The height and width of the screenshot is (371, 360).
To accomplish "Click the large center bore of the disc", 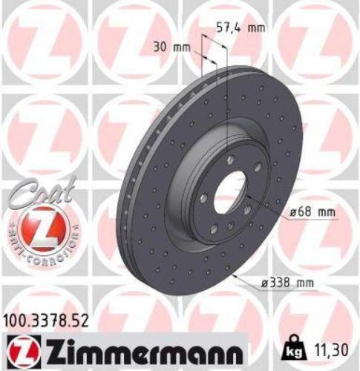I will tap(229, 193).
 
